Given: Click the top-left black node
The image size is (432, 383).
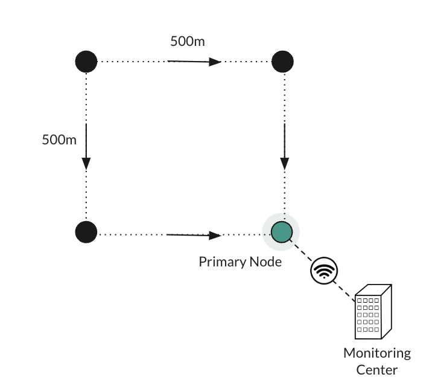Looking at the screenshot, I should click(x=86, y=61).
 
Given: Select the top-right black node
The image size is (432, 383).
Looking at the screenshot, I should click(x=282, y=61).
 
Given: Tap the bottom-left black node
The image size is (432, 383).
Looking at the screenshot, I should click(x=86, y=232).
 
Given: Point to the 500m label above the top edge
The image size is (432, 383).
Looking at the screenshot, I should click(x=187, y=42).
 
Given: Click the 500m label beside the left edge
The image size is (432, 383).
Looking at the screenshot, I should click(x=59, y=140).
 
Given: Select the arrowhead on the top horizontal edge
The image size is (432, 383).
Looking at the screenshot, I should click(x=215, y=62).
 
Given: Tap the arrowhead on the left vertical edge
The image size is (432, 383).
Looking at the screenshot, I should click(x=86, y=163).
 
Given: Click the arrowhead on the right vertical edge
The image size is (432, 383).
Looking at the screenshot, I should click(x=285, y=163).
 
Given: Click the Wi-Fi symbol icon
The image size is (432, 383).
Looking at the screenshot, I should click(x=324, y=270).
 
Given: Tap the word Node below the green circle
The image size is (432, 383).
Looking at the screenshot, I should click(x=265, y=262).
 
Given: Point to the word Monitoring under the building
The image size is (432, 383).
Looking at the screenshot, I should click(x=377, y=353).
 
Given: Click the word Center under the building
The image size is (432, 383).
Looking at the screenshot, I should click(x=377, y=369).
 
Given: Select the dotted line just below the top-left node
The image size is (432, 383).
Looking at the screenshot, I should click(x=86, y=91).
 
